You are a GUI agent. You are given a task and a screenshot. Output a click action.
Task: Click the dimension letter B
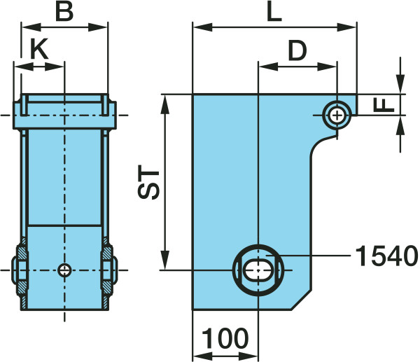(x=64, y=12)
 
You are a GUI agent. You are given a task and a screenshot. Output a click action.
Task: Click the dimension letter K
(x=39, y=48)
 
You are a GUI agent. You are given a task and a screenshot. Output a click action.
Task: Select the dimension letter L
(x=274, y=12)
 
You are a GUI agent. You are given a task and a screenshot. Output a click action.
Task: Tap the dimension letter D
(x=297, y=51)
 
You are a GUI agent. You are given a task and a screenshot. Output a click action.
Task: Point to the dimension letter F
(x=384, y=105)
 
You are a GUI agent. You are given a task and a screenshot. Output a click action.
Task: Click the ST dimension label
(x=148, y=184)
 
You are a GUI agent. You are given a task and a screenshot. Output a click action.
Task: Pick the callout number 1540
(x=386, y=256)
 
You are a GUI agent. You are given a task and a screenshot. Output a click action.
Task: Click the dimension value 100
(x=225, y=338)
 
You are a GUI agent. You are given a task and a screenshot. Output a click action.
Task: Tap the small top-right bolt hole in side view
(x=337, y=116)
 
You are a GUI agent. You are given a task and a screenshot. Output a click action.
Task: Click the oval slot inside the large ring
(x=258, y=270)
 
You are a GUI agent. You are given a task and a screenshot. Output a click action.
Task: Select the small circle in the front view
(x=64, y=270)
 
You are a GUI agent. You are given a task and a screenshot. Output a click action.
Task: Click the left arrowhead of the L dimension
(x=202, y=27)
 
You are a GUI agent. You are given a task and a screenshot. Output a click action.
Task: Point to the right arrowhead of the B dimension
(x=97, y=27)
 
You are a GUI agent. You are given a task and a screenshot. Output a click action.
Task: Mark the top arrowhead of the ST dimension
(x=165, y=104)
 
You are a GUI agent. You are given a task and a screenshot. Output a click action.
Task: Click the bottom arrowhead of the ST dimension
(x=165, y=260)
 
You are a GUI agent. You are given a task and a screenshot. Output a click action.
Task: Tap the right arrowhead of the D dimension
(x=327, y=67)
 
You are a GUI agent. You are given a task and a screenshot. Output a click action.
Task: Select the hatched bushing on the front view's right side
(x=107, y=270)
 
